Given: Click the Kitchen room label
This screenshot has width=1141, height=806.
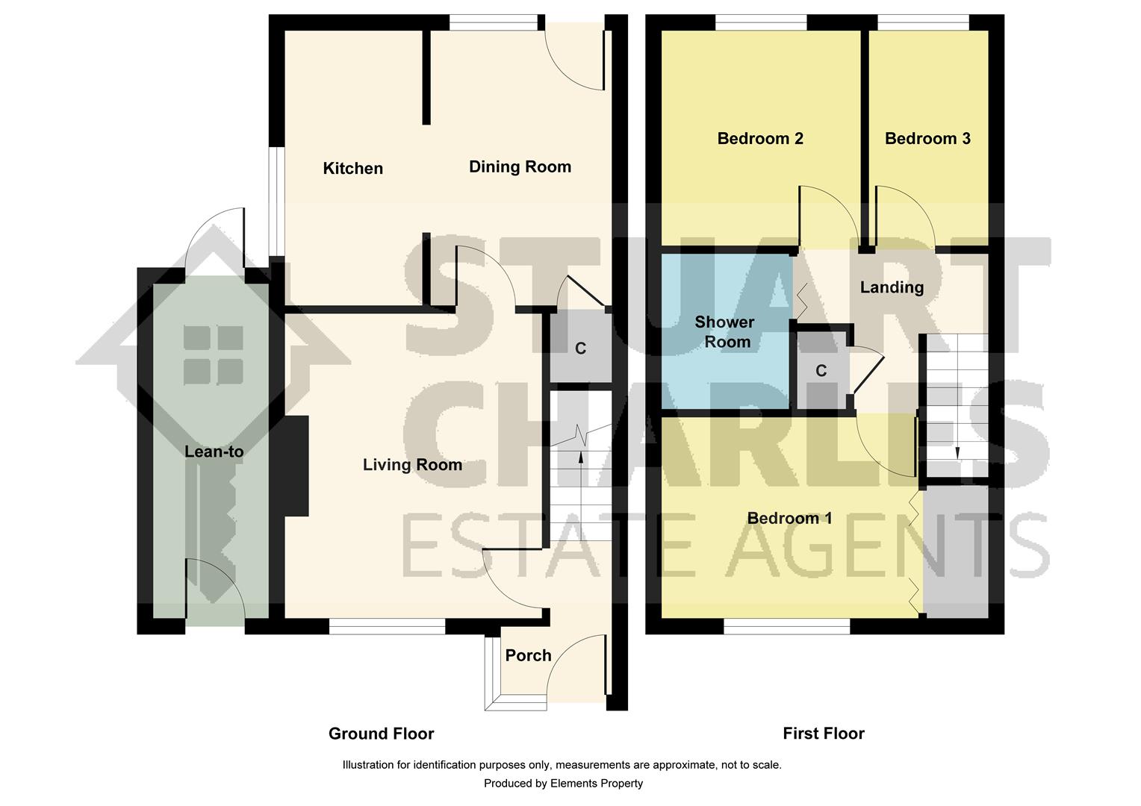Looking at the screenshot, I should click(352, 169).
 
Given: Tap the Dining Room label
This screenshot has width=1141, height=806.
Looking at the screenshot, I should click(520, 166).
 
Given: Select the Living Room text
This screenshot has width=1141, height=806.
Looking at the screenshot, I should click(412, 465).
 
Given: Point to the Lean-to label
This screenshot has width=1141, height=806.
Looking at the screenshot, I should click(214, 452).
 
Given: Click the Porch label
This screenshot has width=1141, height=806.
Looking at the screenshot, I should click(528, 655).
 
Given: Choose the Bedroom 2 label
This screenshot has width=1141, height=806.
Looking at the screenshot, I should click(759, 138).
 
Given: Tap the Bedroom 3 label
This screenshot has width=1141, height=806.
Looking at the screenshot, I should click(927, 138).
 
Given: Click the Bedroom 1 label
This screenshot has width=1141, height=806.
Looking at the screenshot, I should click(789, 518).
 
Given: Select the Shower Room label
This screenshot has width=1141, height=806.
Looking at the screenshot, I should click(724, 332).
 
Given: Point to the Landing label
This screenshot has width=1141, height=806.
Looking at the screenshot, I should click(892, 287).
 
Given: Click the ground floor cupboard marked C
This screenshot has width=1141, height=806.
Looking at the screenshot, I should click(580, 349).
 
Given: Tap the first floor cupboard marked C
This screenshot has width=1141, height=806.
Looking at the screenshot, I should click(821, 371).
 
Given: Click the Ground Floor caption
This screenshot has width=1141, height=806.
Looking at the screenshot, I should click(381, 734).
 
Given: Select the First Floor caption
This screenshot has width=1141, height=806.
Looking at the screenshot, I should click(824, 734).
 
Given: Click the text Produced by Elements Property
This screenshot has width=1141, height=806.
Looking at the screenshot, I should click(563, 784).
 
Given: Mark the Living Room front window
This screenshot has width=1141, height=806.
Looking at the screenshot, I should click(387, 626).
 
